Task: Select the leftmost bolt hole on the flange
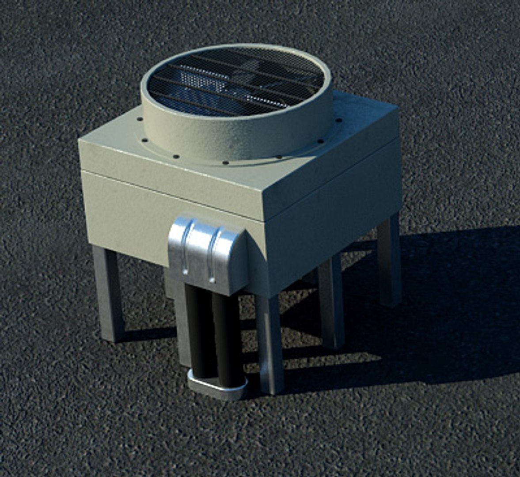pyautogui.click(x=140, y=119)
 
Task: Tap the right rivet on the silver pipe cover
pyautogui.click(x=212, y=279)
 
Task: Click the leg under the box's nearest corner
pyautogui.click(x=270, y=344)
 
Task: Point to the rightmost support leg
pyautogui.click(x=389, y=261)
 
